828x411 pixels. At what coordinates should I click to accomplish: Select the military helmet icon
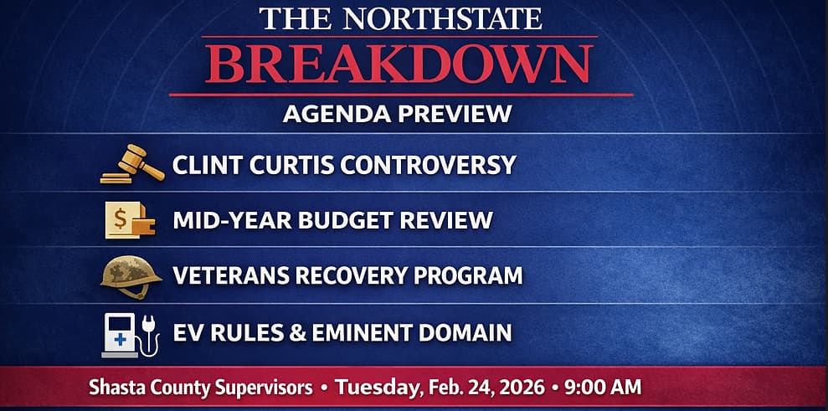coord(131,275)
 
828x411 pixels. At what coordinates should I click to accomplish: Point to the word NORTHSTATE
coord(442,18)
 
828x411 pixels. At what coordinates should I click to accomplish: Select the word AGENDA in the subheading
coord(333,114)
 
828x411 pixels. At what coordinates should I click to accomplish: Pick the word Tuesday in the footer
coord(373,389)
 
